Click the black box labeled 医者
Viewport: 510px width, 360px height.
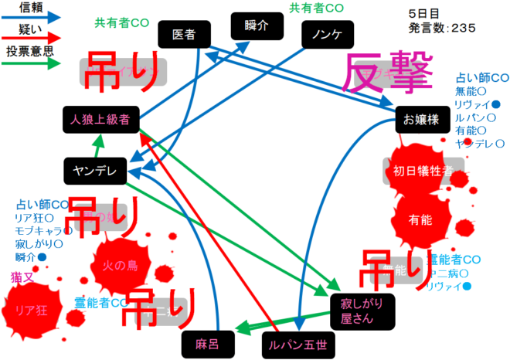(184, 35)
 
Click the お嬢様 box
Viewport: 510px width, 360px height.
(421, 120)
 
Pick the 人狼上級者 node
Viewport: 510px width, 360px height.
(100, 120)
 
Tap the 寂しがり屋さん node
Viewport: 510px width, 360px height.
(362, 310)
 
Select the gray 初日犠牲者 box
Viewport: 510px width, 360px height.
(423, 171)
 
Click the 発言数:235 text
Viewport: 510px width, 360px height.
(441, 28)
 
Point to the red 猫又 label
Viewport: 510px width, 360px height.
(21, 277)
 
